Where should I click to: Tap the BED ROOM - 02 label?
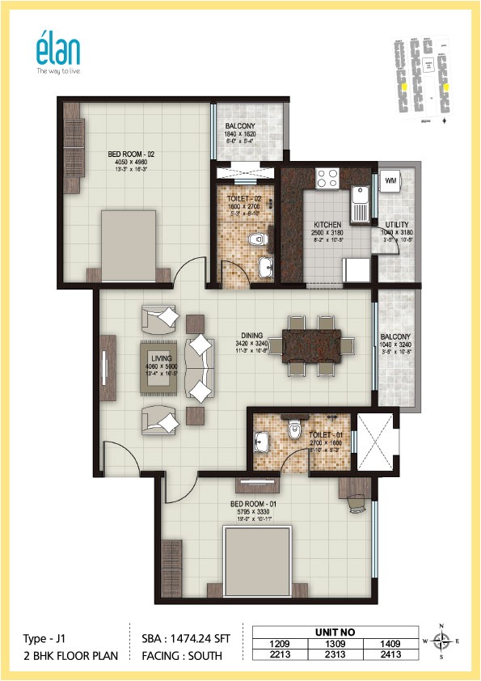coord(131,153)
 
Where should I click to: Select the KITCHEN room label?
coord(327,225)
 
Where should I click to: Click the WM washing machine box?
coord(391,180)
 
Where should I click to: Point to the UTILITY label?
coord(397,225)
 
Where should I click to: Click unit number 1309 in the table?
coord(338,644)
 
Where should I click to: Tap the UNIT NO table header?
coord(338,632)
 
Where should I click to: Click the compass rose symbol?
coord(441,641)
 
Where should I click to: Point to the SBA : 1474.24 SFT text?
coord(179,639)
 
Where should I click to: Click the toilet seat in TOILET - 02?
coord(255,239)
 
